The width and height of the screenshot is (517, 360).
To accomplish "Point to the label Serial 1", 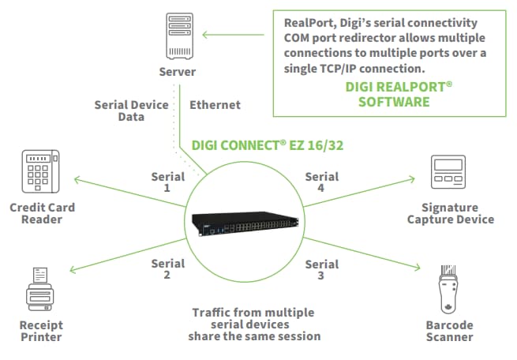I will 167,183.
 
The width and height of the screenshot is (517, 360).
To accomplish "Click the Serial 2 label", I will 167,268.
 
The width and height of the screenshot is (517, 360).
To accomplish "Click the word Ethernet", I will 215,104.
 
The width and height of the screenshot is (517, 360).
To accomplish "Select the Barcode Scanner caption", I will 450,331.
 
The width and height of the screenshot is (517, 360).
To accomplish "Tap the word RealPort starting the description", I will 310,23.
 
